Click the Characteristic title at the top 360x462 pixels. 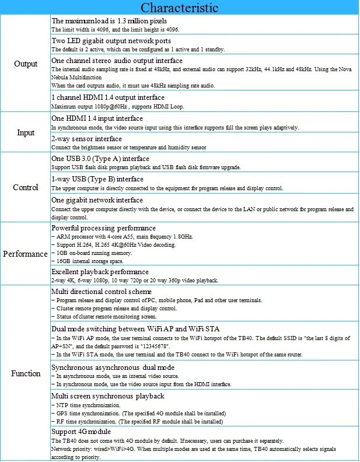pyautogui.click(x=180, y=8)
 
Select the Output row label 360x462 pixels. pyautogui.click(x=26, y=64)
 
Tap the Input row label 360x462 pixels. pyautogui.click(x=26, y=132)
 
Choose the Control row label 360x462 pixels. pyautogui.click(x=26, y=187)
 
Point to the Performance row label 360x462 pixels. pyautogui.click(x=26, y=254)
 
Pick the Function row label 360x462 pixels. pyautogui.click(x=26, y=373)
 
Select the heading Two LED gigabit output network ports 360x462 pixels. pyautogui.click(x=111, y=41)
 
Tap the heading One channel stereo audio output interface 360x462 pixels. pyautogui.click(x=117, y=61)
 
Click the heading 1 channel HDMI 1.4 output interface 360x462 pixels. pyautogui.click(x=108, y=97)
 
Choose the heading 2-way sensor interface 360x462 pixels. pyautogui.click(x=86, y=139)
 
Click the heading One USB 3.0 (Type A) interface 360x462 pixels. pyautogui.click(x=100, y=159)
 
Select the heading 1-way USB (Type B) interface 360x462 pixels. pyautogui.click(x=97, y=179)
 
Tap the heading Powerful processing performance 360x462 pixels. pyautogui.click(x=103, y=228)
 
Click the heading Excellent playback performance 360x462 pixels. pyautogui.click(x=100, y=272)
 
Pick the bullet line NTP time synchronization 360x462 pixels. pyautogui.click(x=87, y=405)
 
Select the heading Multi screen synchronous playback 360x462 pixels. pyautogui.click(x=108, y=396)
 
